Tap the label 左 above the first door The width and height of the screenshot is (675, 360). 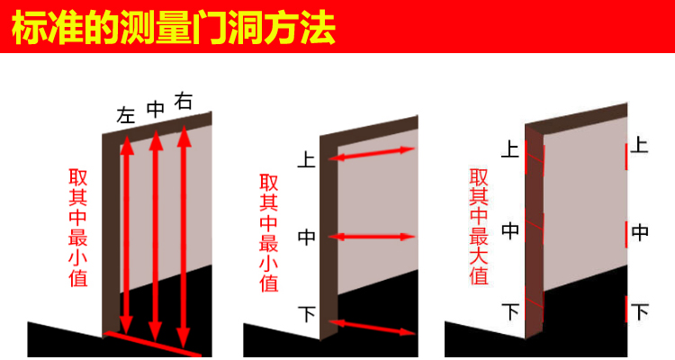click(x=126, y=115)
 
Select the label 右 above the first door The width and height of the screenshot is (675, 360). click(x=184, y=102)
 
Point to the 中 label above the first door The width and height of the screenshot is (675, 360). click(x=155, y=109)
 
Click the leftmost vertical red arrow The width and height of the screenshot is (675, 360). click(x=127, y=234)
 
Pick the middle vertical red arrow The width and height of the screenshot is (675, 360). click(x=156, y=234)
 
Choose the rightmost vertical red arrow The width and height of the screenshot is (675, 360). click(x=185, y=234)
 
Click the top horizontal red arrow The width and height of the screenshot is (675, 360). click(x=373, y=154)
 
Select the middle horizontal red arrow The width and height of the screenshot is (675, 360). click(x=373, y=238)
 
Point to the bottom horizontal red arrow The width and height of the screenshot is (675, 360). click(x=373, y=325)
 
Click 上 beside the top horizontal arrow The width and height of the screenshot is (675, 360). click(x=306, y=161)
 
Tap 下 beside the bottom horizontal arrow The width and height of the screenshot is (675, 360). click(x=306, y=315)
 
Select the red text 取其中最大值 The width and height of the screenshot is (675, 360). click(x=478, y=226)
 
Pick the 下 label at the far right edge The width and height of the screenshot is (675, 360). click(x=640, y=313)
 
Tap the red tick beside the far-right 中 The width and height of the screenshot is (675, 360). click(x=626, y=233)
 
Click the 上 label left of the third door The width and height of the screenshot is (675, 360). click(x=510, y=148)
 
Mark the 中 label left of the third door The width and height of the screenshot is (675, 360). click(x=510, y=230)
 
